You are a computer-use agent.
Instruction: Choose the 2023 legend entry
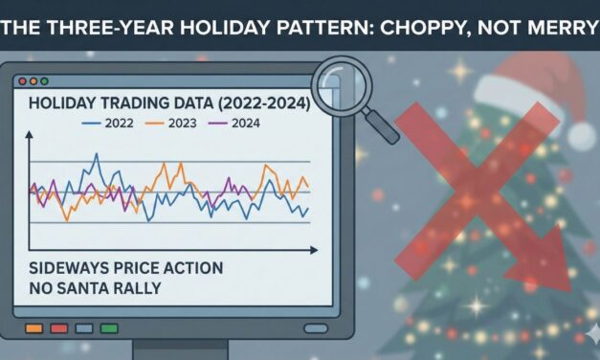tap(184, 124)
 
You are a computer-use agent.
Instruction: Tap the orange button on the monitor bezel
tap(33, 328)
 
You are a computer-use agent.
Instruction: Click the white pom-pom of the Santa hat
tap(583, 134)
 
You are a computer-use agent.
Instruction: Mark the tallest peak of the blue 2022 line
tap(97, 154)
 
